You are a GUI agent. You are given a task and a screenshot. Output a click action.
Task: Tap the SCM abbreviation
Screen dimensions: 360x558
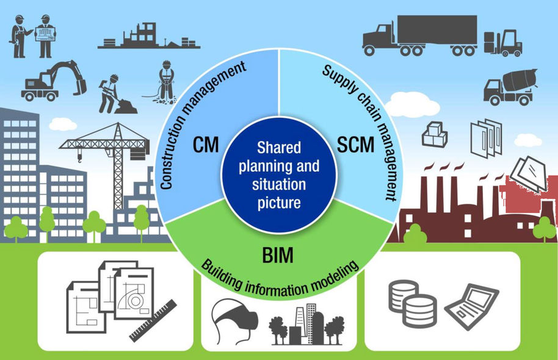point(355,146)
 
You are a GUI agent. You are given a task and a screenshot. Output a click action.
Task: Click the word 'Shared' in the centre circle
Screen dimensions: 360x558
point(278,147)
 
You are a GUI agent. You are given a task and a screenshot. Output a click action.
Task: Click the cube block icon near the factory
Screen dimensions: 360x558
point(435,134)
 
